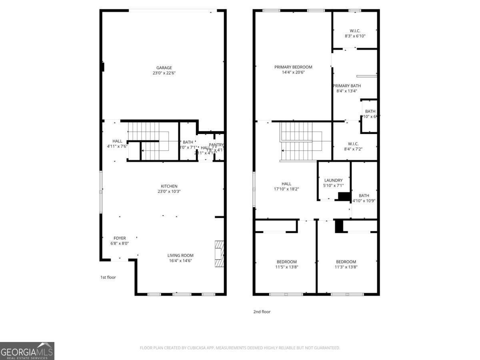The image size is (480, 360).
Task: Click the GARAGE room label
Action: coord(164,68)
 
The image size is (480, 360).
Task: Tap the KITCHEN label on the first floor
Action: coord(169,186)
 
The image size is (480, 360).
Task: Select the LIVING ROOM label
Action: coord(180,255)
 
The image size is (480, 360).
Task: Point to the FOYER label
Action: coord(120,238)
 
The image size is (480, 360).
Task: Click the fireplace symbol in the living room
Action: coord(219,254)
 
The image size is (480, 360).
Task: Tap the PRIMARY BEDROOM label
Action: coord(293,67)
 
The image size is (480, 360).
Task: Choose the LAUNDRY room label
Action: coord(333,180)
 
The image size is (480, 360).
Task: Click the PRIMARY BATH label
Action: coord(347,86)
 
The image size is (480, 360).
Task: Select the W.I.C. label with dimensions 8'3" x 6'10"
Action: coord(355,30)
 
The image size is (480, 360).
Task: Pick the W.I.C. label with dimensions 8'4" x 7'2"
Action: coord(353,144)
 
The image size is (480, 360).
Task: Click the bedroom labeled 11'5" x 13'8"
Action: coord(286,262)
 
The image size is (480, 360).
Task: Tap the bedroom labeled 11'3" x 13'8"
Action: coord(346,262)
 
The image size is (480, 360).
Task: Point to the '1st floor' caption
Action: coord(108,277)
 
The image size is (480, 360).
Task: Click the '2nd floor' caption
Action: coord(262,312)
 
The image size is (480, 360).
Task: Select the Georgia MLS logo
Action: coord(27,351)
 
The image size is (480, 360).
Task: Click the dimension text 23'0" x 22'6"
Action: coord(164,73)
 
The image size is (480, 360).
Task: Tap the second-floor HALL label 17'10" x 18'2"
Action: coord(286,184)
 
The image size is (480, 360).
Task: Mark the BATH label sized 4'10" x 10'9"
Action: coord(364,195)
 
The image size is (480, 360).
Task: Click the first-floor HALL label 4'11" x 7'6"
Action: coord(117,141)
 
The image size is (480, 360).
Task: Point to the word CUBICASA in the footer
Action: coord(198,348)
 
